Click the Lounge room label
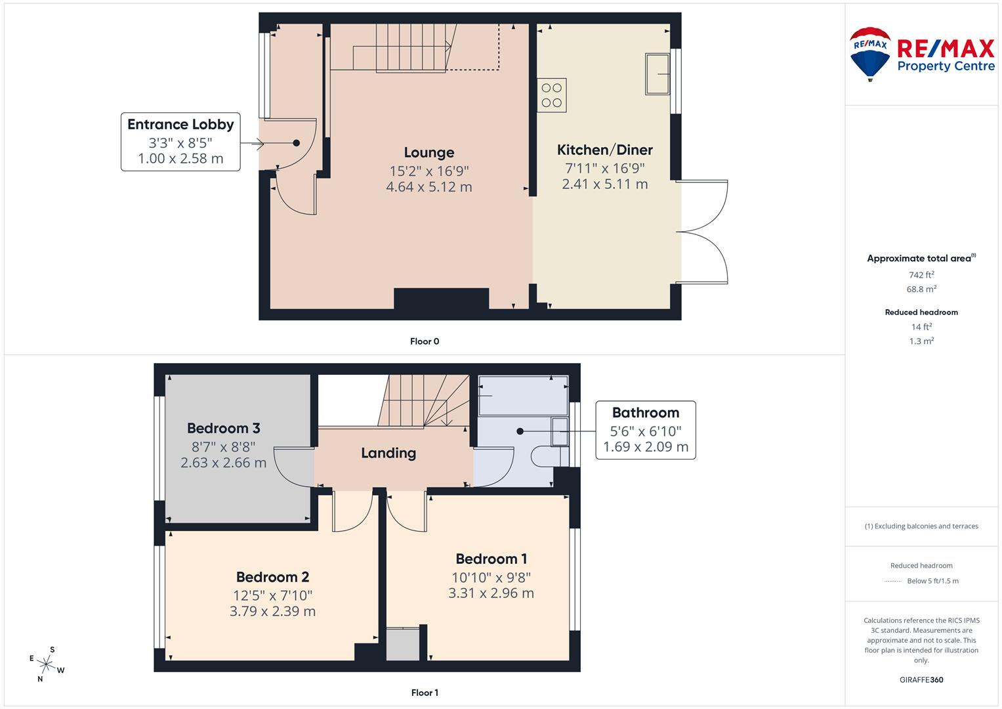point(428,152)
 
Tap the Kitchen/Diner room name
point(604,150)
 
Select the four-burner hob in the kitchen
point(552,95)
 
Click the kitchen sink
point(657,74)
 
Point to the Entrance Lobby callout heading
point(180,124)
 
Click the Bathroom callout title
point(645,412)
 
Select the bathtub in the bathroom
point(522,395)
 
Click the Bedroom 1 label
point(491,559)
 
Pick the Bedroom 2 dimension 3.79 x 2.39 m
point(272,611)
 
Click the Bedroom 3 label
point(223,428)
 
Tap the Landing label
point(388,453)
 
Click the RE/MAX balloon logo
point(870,53)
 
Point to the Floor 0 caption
point(425,341)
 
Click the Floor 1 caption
point(425,693)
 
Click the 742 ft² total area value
point(921,275)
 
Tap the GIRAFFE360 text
point(921,679)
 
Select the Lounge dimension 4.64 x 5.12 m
point(428,187)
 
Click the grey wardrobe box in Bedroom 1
point(402,645)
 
